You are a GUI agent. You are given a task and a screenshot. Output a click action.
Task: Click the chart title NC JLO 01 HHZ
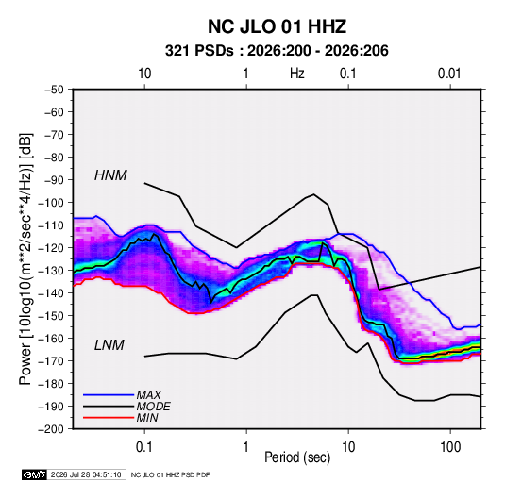(277, 26)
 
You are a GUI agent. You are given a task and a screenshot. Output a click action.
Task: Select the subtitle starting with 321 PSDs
(277, 51)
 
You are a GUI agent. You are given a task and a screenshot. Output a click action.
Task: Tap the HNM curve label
(110, 175)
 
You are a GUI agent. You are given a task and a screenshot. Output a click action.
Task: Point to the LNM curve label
(109, 345)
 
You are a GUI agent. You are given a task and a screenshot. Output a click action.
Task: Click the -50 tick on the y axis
(54, 90)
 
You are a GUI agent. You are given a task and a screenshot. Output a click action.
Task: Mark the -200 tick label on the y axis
(51, 429)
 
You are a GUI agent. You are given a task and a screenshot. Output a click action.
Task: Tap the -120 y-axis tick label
(51, 248)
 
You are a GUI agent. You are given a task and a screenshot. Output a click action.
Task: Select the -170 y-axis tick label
(51, 361)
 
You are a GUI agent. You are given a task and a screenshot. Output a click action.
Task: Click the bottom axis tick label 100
(450, 447)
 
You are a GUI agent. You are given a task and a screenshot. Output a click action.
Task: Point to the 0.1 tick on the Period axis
(144, 447)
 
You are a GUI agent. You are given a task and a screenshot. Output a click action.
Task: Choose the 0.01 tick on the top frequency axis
(449, 74)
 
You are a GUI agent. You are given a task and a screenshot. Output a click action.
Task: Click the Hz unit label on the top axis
(297, 74)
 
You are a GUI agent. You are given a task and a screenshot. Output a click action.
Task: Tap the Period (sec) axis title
(297, 457)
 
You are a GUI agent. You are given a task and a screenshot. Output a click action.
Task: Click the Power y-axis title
(25, 259)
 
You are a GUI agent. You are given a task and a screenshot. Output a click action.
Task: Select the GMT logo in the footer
(35, 474)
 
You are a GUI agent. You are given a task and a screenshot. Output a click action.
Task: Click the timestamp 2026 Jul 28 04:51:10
(86, 474)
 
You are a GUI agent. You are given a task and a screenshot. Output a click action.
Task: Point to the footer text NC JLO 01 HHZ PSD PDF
(170, 474)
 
